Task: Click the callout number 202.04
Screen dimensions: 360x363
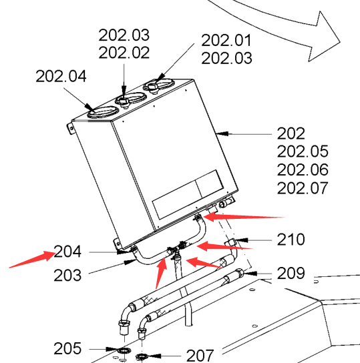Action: [61, 76]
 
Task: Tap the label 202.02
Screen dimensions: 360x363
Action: [124, 53]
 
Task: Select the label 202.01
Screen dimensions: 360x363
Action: [226, 40]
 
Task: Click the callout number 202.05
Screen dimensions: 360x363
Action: [303, 151]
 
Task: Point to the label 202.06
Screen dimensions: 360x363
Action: [303, 169]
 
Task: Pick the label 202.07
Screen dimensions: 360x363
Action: [303, 188]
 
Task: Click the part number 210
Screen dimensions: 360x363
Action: [291, 240]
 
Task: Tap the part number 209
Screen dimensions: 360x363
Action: [291, 273]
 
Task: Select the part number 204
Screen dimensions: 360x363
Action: [67, 252]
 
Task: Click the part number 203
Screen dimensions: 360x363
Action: [67, 276]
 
